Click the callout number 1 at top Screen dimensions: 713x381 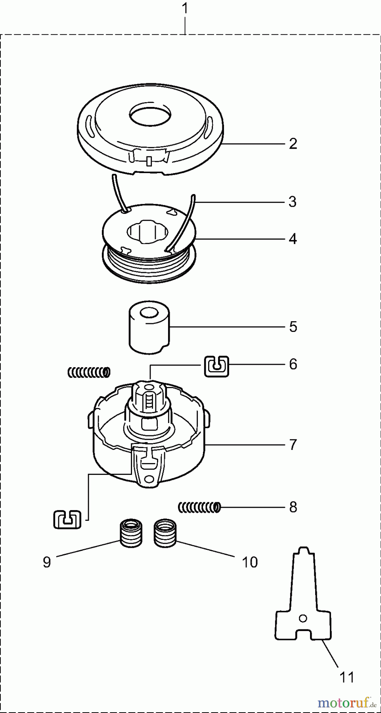point(185,9)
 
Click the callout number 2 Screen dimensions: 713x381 point(293,144)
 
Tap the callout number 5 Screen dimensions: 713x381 point(293,327)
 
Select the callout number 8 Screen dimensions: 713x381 point(293,507)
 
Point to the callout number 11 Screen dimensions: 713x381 point(347,677)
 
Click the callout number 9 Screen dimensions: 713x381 point(47,562)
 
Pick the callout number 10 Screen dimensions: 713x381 point(250,562)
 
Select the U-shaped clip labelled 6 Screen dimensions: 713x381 point(216,366)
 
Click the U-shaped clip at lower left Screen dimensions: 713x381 point(67,519)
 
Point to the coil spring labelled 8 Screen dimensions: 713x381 point(199,507)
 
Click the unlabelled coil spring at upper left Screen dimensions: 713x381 point(89,372)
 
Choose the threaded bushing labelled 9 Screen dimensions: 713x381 point(131,534)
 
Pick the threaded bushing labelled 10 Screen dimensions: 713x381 point(165,534)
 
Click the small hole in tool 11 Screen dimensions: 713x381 point(303,618)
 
